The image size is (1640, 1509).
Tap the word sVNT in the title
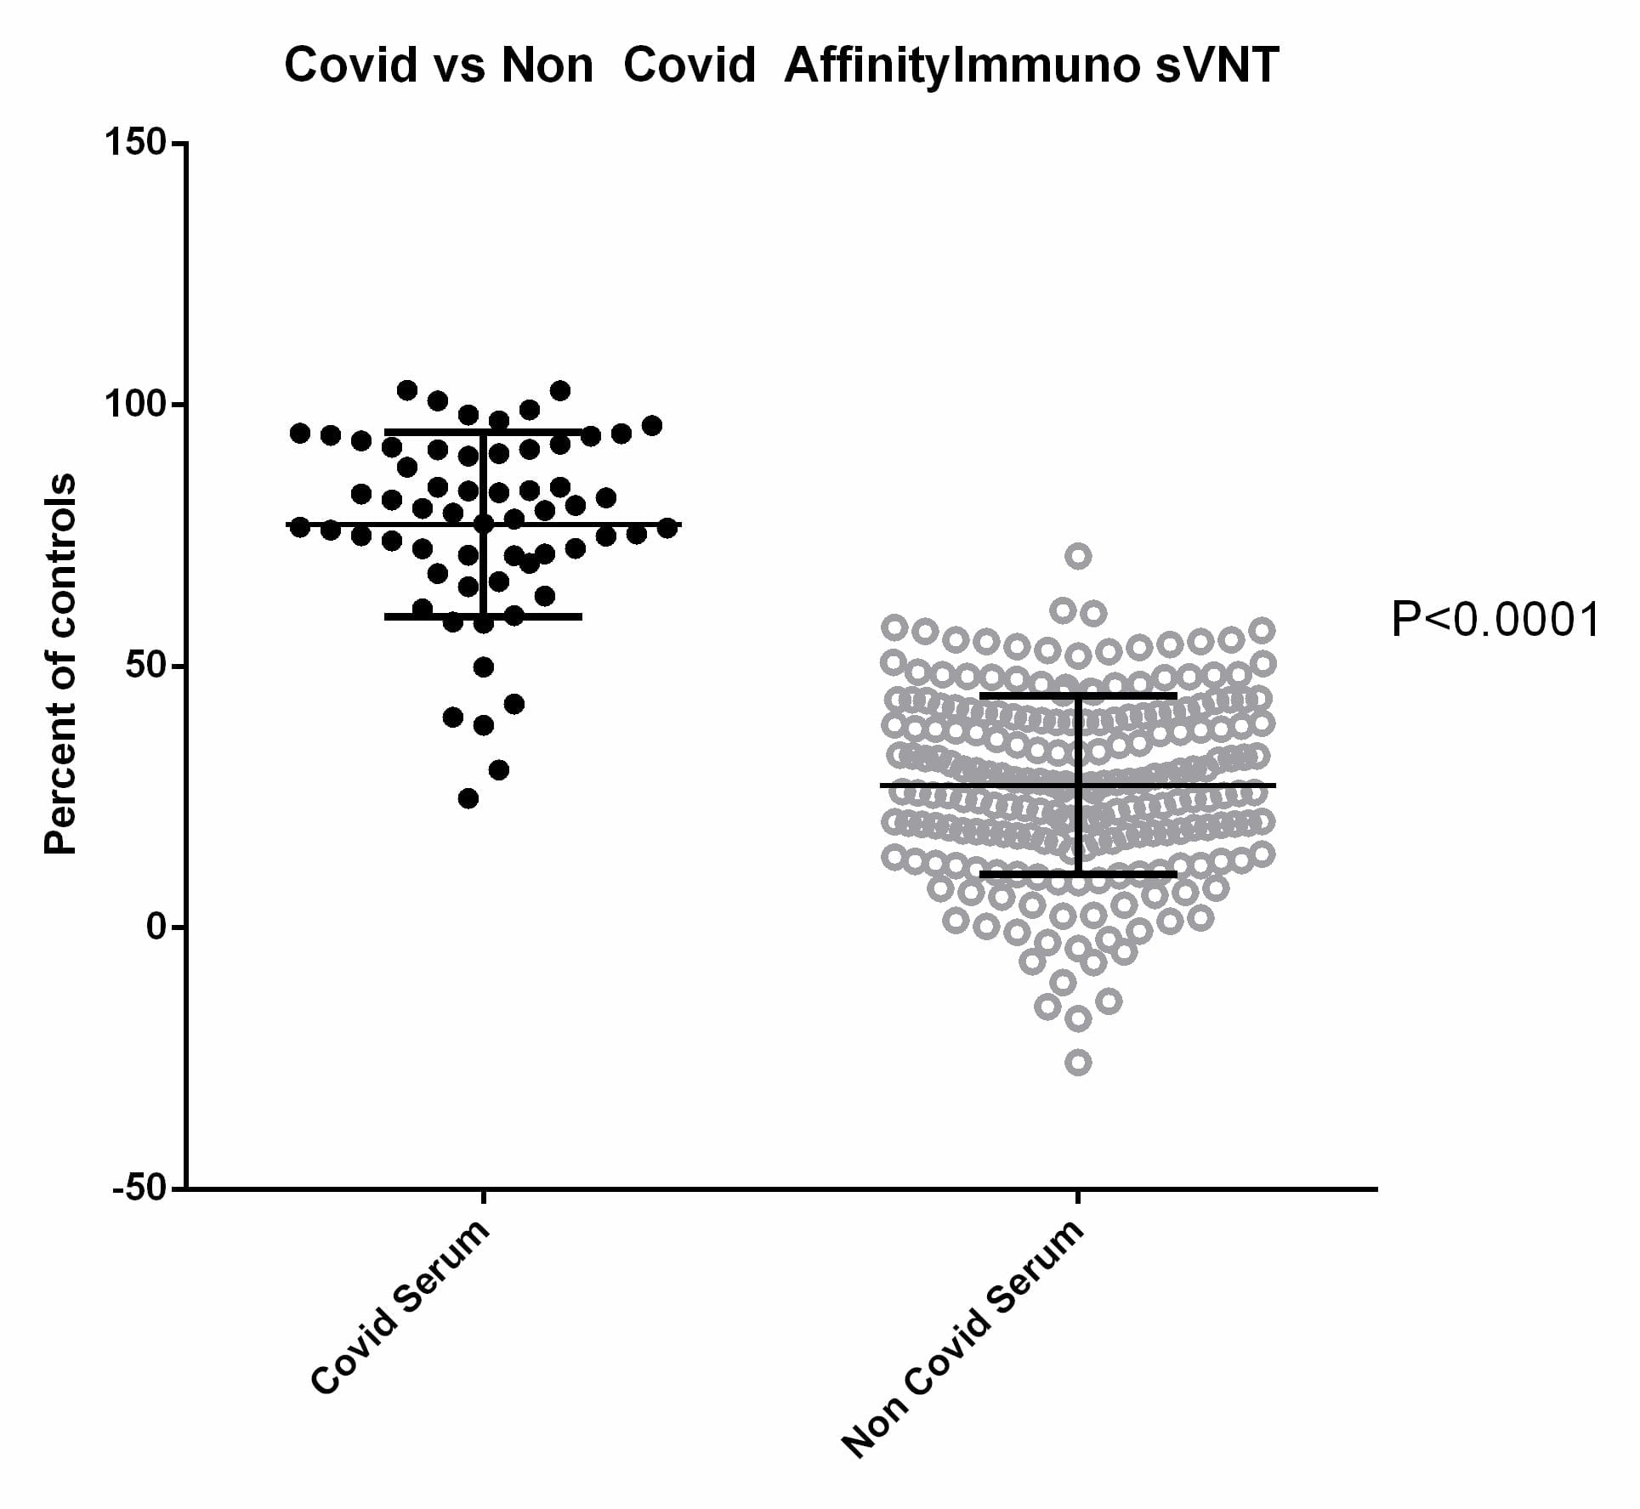click(x=1217, y=65)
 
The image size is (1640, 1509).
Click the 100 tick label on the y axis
click(x=134, y=404)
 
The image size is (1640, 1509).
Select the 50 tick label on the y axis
click(x=144, y=666)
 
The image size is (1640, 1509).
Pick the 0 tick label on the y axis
click(x=155, y=927)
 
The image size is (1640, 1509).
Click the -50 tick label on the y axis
click(x=138, y=1188)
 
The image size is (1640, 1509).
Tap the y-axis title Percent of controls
click(x=60, y=664)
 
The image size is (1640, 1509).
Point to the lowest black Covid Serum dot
click(x=468, y=798)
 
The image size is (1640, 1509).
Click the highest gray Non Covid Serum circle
click(x=1078, y=557)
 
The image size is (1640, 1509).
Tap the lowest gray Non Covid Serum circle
click(x=1078, y=1063)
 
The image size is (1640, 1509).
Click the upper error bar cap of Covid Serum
click(x=483, y=432)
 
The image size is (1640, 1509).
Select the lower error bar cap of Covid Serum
click(x=483, y=616)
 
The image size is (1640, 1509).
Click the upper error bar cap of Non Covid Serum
click(x=1078, y=695)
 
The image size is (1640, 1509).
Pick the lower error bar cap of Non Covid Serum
click(x=1078, y=873)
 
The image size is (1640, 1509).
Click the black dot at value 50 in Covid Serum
click(x=483, y=667)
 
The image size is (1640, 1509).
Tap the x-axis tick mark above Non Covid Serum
click(x=1078, y=1197)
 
